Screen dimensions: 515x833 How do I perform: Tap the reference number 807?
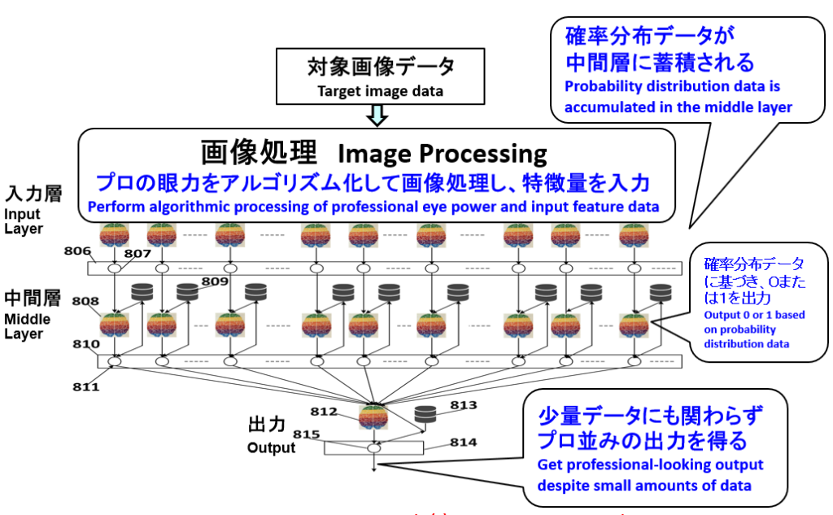(x=138, y=253)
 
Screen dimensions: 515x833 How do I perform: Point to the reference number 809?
(x=214, y=282)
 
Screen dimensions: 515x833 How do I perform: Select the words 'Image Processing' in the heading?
(x=442, y=153)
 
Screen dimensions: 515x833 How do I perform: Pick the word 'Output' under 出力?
(x=271, y=447)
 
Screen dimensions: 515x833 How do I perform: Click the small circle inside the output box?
(x=373, y=447)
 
